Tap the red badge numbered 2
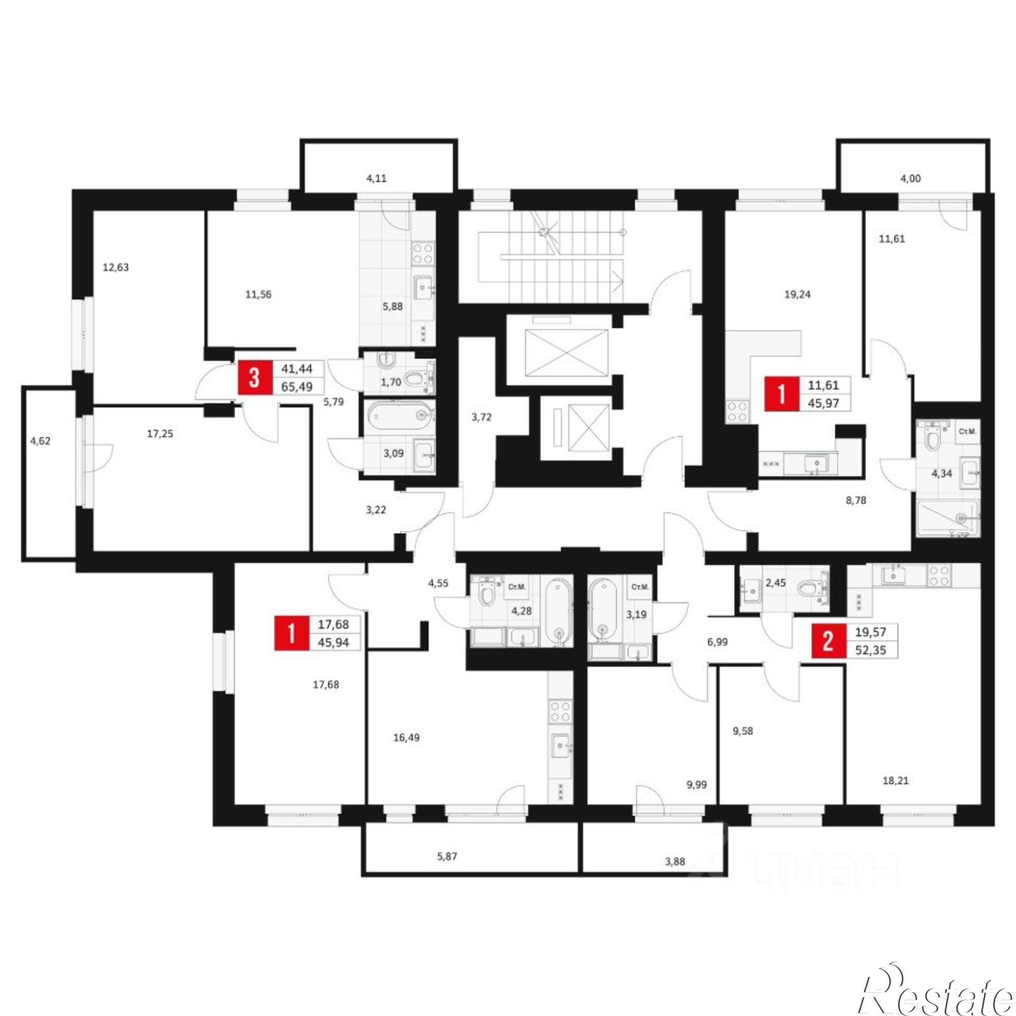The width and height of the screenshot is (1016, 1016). pyautogui.click(x=828, y=641)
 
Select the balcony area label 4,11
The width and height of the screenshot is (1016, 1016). pyautogui.click(x=376, y=178)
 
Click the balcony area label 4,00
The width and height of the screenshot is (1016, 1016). pyautogui.click(x=911, y=179)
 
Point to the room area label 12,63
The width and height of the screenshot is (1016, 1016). pyautogui.click(x=116, y=267)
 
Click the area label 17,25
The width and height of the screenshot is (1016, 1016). pyautogui.click(x=160, y=434)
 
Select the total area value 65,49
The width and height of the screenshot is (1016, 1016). pyautogui.click(x=298, y=387)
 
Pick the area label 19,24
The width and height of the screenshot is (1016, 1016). pyautogui.click(x=797, y=295)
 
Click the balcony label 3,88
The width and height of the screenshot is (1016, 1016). pyautogui.click(x=675, y=862)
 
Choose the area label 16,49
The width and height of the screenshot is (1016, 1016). pyautogui.click(x=406, y=738)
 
